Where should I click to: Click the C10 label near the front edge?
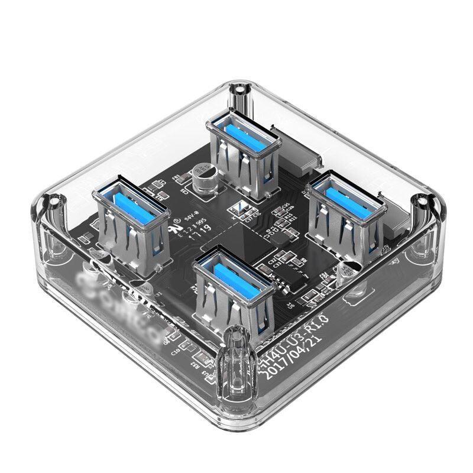pyautogui.click(x=176, y=351)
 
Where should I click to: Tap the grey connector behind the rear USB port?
pyautogui.click(x=307, y=151)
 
